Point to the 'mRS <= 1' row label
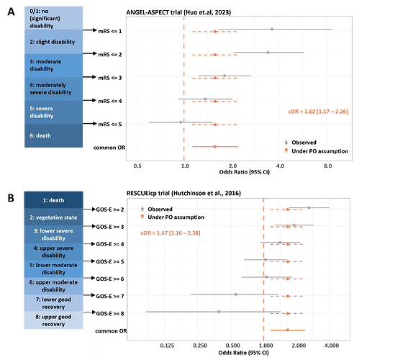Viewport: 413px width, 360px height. [x=109, y=31]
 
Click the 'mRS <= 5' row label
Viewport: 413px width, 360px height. [x=109, y=124]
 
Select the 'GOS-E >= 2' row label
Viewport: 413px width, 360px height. [x=112, y=210]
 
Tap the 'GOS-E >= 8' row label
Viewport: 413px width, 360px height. [x=112, y=313]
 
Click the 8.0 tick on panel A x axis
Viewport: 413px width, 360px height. [x=327, y=165]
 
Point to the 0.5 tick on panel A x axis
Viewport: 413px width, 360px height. [x=137, y=165]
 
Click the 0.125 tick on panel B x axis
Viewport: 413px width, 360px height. [x=168, y=346]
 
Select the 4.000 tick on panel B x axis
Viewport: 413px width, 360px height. [x=331, y=346]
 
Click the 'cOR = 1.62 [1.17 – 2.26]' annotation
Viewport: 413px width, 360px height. [x=313, y=112]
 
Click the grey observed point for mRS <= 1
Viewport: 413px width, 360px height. [x=271, y=30]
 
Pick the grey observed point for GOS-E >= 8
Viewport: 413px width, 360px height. [x=219, y=312]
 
